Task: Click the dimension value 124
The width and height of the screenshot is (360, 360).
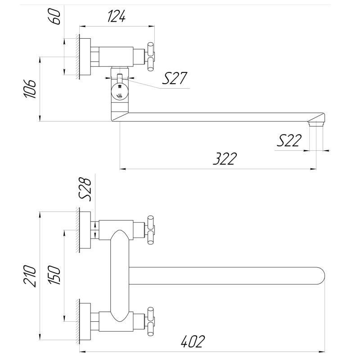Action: [116, 16]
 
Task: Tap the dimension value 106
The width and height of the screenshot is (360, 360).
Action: [30, 89]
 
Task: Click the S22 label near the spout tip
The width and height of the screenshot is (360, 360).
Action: [288, 141]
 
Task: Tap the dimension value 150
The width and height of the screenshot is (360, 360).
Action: [56, 275]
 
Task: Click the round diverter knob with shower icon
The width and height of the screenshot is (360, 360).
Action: [120, 93]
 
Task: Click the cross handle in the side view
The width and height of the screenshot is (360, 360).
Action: [150, 57]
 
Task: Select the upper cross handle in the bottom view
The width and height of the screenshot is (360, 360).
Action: [151, 230]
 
